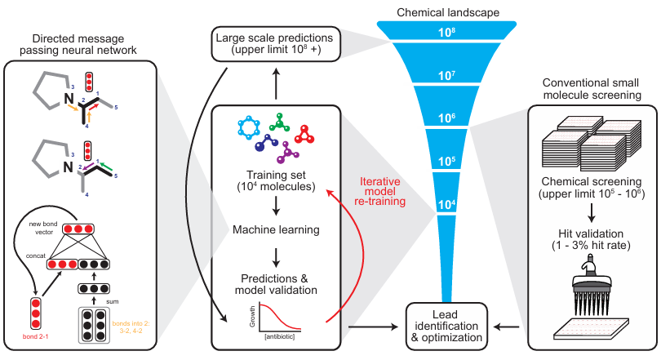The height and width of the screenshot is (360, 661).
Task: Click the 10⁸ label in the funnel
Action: point(446,32)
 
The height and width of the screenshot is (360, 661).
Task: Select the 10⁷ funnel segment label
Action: point(446,75)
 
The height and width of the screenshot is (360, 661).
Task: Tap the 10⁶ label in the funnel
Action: point(446,118)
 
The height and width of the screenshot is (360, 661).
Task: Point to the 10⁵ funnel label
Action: point(446,161)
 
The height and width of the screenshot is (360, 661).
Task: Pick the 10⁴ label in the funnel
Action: point(446,204)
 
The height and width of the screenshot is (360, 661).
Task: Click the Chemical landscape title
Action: point(448,12)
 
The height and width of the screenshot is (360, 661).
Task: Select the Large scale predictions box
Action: point(276,43)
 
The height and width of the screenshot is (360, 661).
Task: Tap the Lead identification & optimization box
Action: point(446,327)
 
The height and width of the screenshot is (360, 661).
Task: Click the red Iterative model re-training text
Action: point(379,191)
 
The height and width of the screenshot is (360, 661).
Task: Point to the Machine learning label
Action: point(276,229)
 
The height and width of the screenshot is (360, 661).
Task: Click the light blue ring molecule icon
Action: point(249,127)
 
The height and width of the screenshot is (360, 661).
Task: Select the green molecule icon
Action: point(279,122)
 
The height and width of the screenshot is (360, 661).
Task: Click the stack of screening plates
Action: point(591,144)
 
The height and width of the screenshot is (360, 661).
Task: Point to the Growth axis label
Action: point(252,317)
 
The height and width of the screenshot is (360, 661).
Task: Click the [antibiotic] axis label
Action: point(279,337)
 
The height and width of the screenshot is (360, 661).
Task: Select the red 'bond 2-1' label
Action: point(35,337)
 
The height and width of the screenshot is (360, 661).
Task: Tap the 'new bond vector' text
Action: point(43,228)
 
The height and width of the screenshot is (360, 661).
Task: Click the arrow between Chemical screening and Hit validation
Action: point(592,213)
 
